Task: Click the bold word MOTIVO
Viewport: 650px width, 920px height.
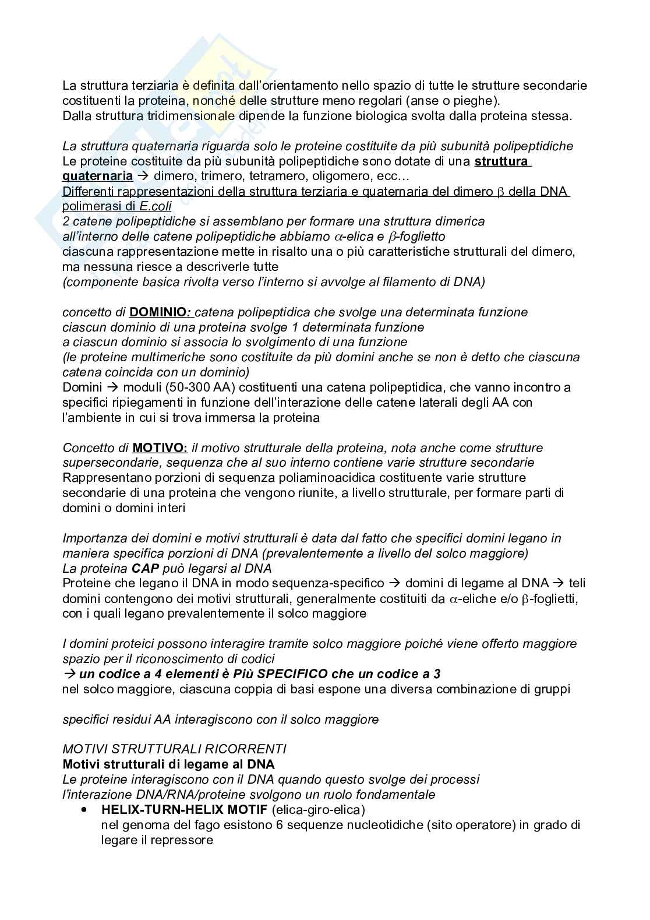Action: pos(160,448)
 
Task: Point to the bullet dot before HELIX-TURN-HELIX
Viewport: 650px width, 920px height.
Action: pos(84,810)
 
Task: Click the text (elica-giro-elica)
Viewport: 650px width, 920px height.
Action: pos(319,810)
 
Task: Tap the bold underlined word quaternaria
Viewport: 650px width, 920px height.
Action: pos(97,176)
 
